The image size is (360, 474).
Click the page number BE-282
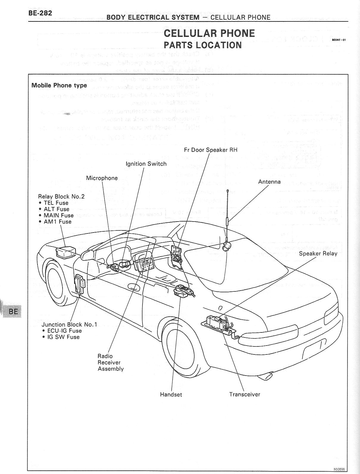tap(40, 13)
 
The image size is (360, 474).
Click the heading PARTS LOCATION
tap(203, 45)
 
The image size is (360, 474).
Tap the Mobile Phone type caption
tap(59, 85)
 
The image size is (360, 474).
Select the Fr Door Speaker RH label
tap(211, 150)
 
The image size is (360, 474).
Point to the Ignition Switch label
tap(146, 164)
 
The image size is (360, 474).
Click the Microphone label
tap(102, 178)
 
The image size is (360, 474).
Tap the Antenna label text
tap(269, 182)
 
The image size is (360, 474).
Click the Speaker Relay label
tap(318, 254)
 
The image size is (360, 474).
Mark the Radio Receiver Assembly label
tap(110, 362)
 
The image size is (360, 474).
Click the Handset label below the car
tap(171, 395)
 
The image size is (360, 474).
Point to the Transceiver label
tap(245, 395)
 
